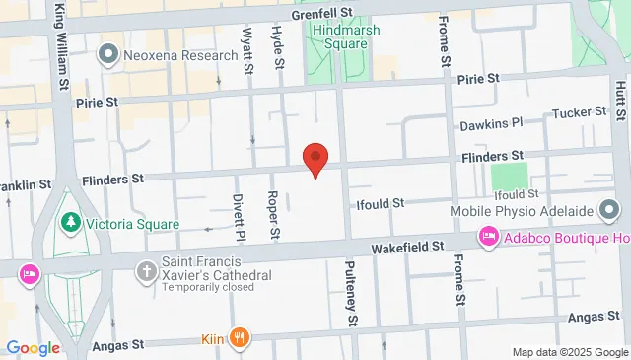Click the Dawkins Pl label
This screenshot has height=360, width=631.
pos(490,125)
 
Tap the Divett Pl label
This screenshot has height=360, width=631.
pos(238,218)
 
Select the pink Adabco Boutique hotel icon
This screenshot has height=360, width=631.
pos(487,237)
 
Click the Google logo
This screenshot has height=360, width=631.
pos(33,347)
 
